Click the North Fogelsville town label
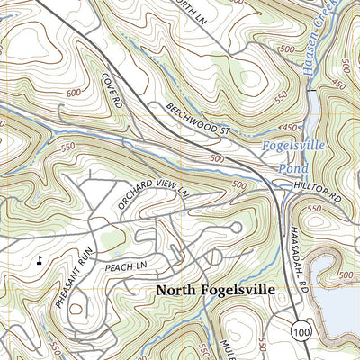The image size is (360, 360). tap(215, 291)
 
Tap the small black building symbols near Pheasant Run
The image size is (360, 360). tap(38, 261)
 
